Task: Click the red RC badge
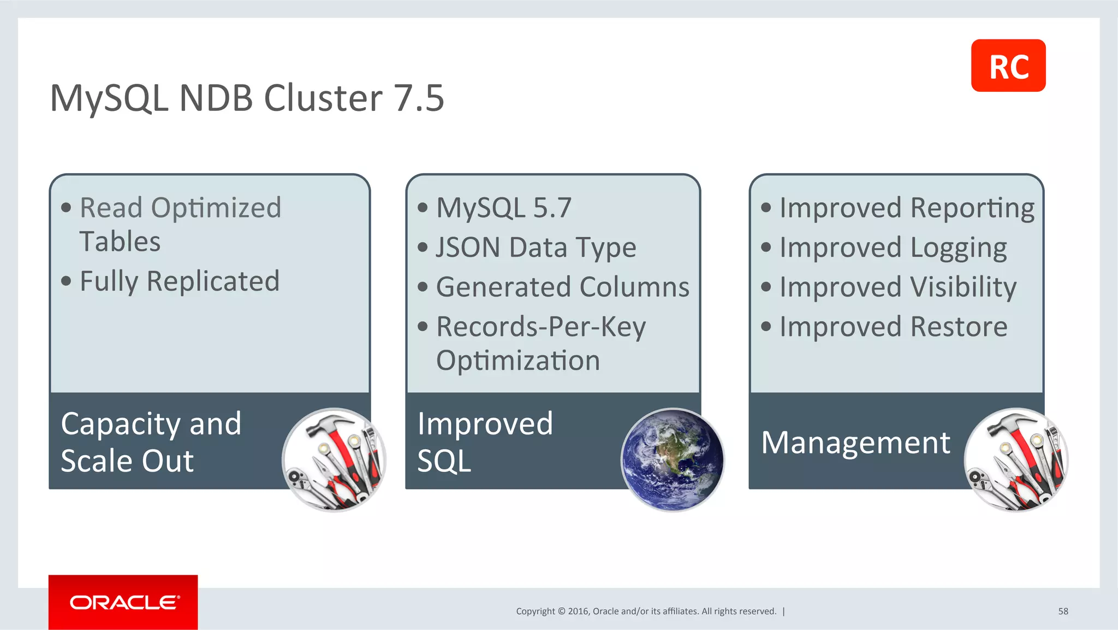[1008, 66]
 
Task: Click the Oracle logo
[123, 602]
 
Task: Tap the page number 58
[1063, 611]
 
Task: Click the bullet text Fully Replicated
[180, 282]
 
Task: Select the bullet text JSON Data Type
[536, 248]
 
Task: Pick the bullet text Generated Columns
[562, 287]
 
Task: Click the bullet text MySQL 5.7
[503, 208]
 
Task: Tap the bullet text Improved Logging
[893, 248]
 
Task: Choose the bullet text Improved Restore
[893, 327]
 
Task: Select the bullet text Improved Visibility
[897, 287]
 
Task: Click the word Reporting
[972, 208]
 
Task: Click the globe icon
[673, 460]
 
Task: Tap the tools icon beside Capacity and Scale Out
[334, 460]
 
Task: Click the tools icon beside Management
[1015, 460]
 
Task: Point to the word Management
[855, 442]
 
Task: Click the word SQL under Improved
[444, 461]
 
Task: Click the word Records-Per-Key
[540, 327]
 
